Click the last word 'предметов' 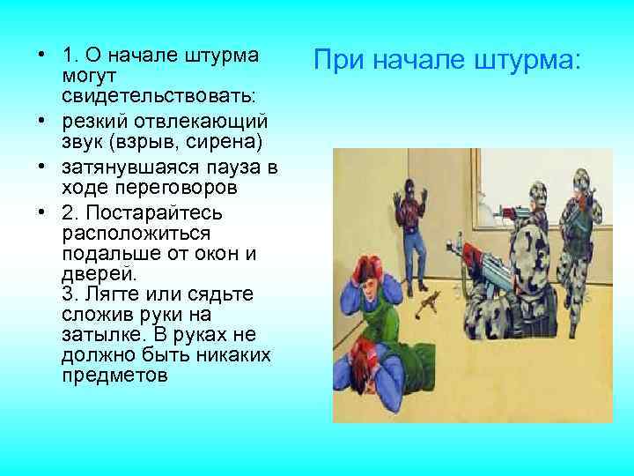[x=114, y=374]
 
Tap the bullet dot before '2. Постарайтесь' [x=41, y=213]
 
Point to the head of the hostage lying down [x=359, y=357]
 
